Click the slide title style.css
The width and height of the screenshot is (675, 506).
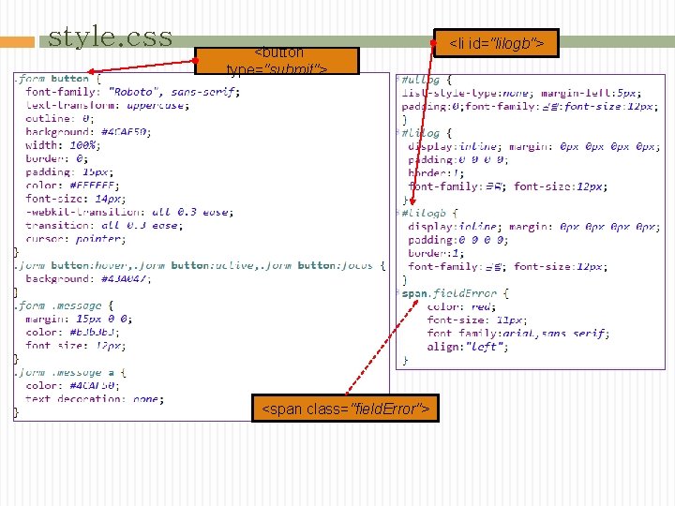click(x=110, y=37)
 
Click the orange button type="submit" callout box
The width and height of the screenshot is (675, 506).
click(x=277, y=61)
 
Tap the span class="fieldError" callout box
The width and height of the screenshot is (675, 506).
click(x=345, y=409)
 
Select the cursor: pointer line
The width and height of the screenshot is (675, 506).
click(x=74, y=239)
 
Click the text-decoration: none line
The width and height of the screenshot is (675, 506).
click(x=95, y=398)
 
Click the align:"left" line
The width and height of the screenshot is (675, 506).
click(x=468, y=347)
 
